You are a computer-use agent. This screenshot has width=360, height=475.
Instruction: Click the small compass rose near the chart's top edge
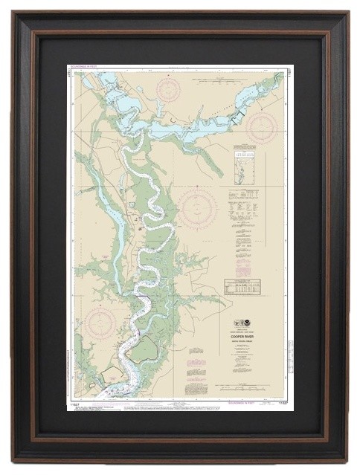coord(169,89)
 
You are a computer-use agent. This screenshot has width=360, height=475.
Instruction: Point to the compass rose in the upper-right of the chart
coord(261,127)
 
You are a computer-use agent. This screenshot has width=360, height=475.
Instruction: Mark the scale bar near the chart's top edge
coord(223,71)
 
